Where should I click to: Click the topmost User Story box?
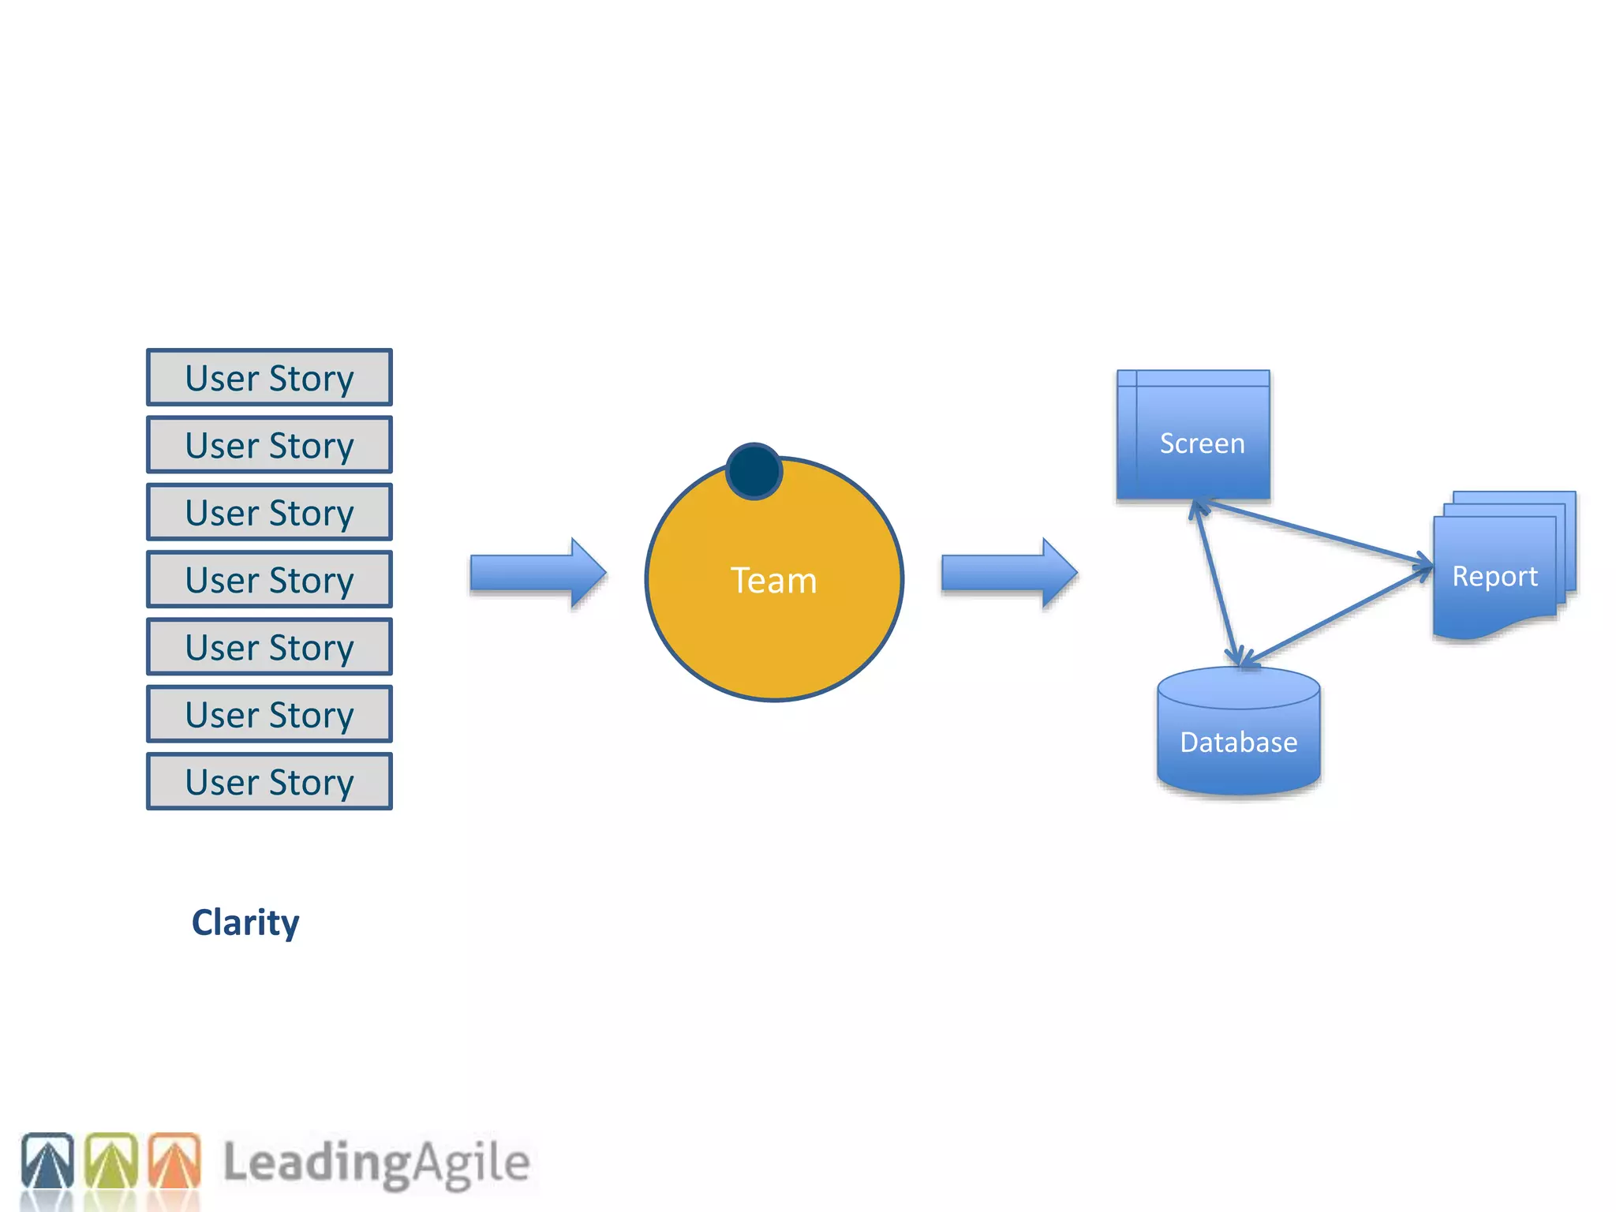pos(269,378)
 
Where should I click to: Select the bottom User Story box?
pos(269,782)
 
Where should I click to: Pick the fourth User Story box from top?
pos(269,580)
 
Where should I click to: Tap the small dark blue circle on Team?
pos(754,472)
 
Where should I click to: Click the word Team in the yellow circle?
pos(773,581)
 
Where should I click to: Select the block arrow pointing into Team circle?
pos(537,573)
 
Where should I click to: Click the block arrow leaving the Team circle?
pos(1008,573)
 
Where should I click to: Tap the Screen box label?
pos(1202,443)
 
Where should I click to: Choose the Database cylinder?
pos(1238,734)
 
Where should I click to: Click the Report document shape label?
pos(1494,577)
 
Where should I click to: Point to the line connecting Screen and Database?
pos(1218,584)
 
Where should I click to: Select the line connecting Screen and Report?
pos(1315,532)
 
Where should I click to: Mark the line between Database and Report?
pos(1337,615)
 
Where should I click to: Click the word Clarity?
pos(245,922)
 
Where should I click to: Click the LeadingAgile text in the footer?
pos(376,1163)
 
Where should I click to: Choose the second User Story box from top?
pos(269,445)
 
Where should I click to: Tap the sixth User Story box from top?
pos(269,715)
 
